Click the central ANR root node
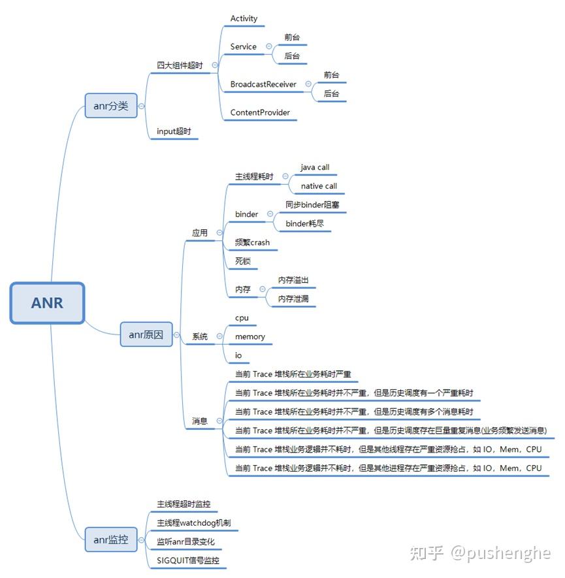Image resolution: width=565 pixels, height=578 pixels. coord(47,302)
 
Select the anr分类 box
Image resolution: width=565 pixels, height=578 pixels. coord(111,105)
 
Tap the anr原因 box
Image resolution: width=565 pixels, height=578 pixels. coord(146,334)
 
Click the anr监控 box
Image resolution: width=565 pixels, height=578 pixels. coord(111,539)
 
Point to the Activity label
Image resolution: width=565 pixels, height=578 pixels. coord(244,18)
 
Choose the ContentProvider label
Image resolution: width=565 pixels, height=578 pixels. coord(260,112)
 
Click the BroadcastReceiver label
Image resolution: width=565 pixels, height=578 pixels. coord(263,84)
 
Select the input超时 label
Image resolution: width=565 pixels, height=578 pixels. coord(174,131)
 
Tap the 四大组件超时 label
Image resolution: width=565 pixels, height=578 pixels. coord(180,65)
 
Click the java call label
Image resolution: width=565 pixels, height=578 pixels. coord(315,167)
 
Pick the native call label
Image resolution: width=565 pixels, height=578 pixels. coord(319,186)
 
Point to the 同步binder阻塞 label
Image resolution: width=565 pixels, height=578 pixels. coord(312,204)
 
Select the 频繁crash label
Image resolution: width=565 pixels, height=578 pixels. coord(252,242)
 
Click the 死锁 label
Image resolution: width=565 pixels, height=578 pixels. coord(243,261)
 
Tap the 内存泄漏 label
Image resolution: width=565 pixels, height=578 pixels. coord(293,298)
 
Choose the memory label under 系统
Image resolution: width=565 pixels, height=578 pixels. coord(250,336)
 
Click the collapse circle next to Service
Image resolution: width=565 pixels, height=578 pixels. coord(269,46)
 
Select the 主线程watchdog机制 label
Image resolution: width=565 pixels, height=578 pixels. coord(193,523)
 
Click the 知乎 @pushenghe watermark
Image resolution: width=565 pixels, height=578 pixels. coord(479,553)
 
